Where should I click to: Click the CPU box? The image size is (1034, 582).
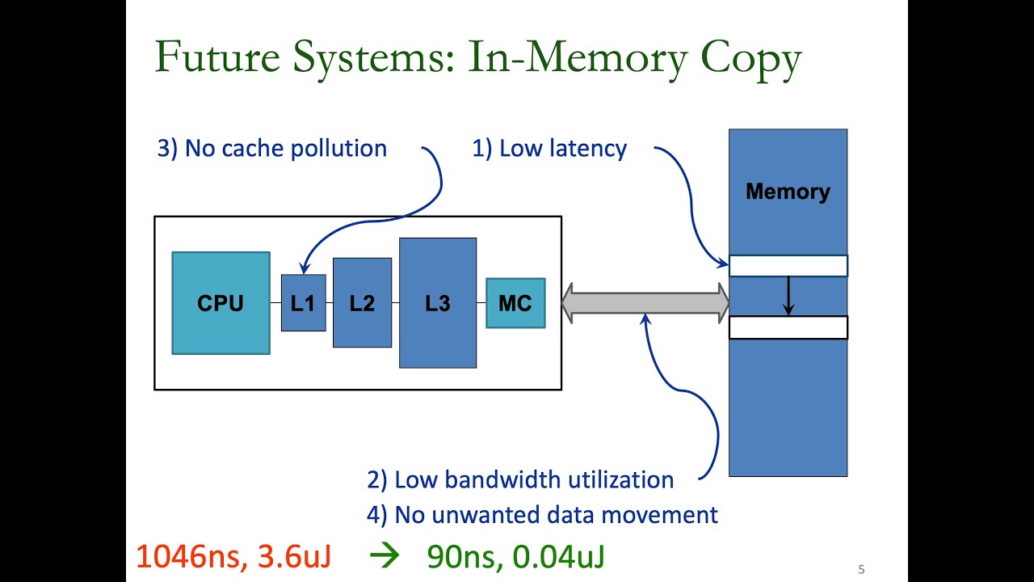click(x=221, y=303)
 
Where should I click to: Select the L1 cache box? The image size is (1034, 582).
click(x=303, y=303)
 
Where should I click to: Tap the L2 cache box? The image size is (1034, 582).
click(x=362, y=303)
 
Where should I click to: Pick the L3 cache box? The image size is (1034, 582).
click(x=437, y=303)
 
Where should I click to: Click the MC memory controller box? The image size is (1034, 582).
click(x=515, y=303)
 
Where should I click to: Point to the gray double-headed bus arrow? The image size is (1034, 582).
click(x=645, y=303)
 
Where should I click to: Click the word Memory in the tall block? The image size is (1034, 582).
click(x=788, y=192)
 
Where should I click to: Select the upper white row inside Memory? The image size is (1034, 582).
click(x=788, y=266)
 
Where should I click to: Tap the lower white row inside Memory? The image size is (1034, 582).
click(x=788, y=327)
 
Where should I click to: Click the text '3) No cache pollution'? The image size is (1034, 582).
click(x=272, y=149)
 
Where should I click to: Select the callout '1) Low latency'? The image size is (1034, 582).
click(x=549, y=149)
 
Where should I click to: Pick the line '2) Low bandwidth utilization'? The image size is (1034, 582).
click(x=520, y=480)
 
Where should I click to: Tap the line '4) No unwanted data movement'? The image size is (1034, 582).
click(x=542, y=515)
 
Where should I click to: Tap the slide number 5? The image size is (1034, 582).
click(x=861, y=570)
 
